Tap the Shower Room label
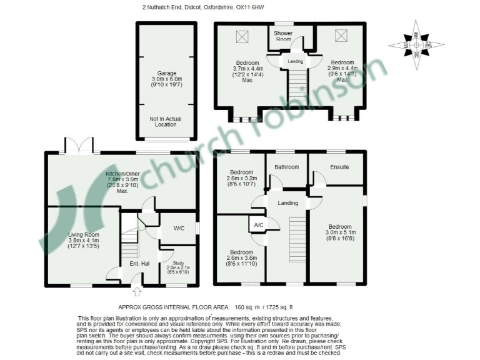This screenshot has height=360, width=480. click(284, 35)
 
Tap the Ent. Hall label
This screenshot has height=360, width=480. click(139, 263)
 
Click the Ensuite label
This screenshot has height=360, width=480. click(339, 167)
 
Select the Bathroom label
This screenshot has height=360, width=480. click(287, 167)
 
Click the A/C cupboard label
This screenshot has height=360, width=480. click(257, 225)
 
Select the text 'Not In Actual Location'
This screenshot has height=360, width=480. click(166, 121)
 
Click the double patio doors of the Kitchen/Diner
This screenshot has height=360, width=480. click(79, 147)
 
